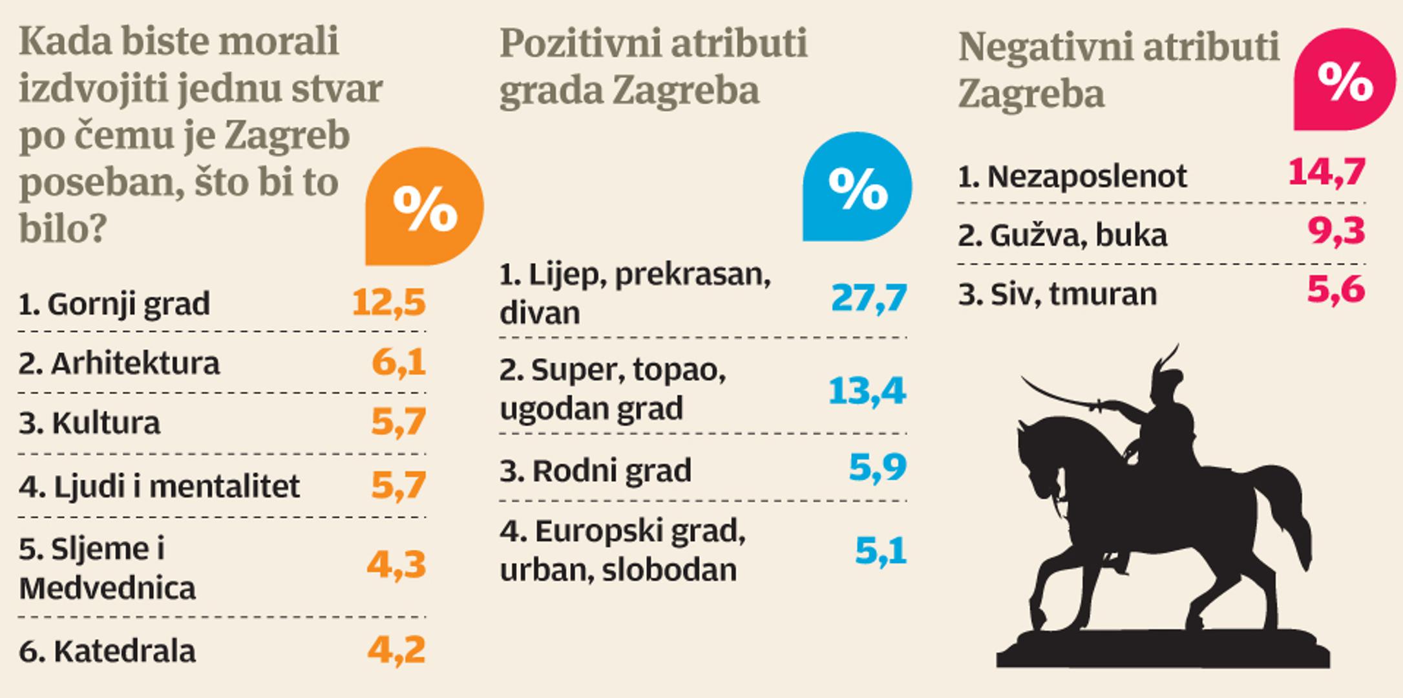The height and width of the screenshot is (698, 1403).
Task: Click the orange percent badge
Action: [424, 206]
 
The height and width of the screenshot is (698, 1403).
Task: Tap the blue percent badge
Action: [857, 187]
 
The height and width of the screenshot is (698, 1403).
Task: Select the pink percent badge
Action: [1345, 79]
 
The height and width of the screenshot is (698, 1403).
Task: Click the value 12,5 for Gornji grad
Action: [389, 302]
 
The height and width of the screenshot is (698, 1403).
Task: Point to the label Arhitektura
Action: [136, 363]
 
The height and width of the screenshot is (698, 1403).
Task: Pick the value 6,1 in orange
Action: [399, 363]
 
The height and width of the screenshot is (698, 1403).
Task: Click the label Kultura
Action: [106, 423]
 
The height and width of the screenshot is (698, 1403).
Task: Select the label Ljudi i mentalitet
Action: [177, 486]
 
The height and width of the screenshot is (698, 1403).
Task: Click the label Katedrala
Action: [125, 651]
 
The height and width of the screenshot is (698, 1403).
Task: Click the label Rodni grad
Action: [612, 471]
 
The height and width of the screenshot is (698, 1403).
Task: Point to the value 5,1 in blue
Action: [881, 551]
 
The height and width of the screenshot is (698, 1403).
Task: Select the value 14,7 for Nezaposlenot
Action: [1327, 173]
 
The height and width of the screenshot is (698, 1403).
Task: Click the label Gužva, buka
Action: [1079, 235]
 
